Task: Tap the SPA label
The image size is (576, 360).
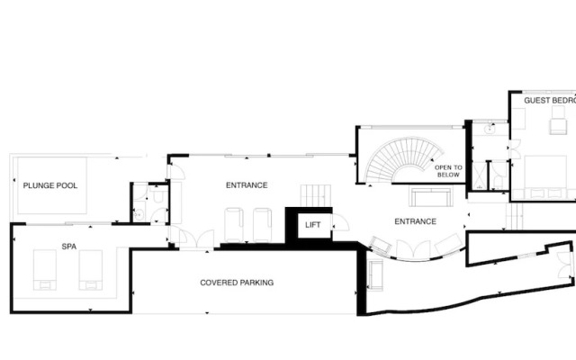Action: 68,245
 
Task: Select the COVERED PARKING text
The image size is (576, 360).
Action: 237,283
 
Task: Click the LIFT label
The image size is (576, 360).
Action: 313,225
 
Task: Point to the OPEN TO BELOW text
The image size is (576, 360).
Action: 447,171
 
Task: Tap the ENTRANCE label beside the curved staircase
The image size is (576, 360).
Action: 415,221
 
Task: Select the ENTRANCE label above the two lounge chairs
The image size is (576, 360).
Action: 246,185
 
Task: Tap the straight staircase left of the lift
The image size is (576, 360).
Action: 312,195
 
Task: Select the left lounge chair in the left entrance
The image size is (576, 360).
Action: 235,222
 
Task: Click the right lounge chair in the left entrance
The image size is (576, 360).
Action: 262,222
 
